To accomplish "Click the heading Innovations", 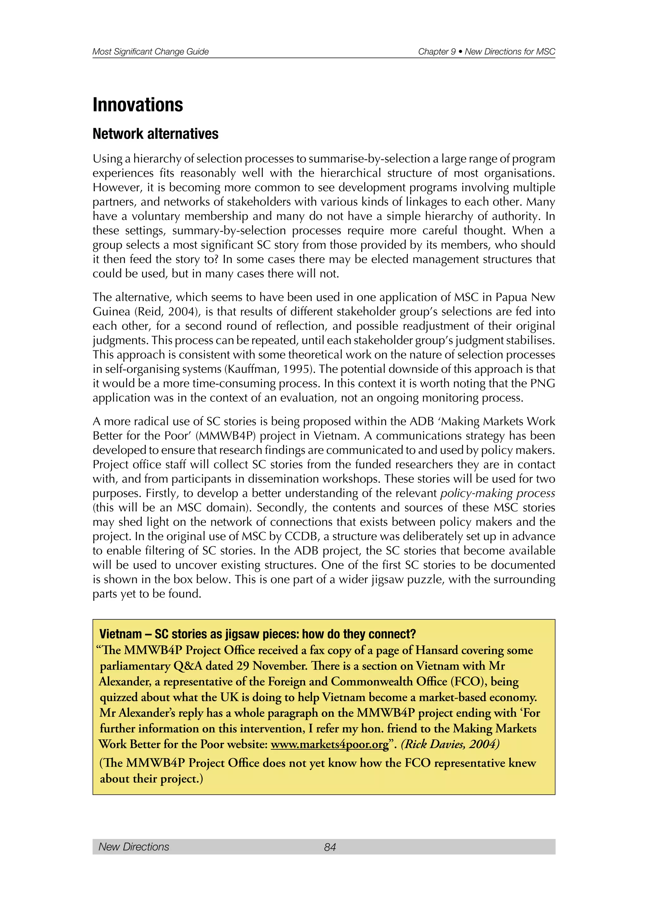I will point(138,105).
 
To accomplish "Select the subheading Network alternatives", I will point(155,134).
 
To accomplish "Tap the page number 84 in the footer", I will point(330,847).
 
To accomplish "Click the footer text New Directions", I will point(134,847).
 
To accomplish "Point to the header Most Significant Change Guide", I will point(150,52).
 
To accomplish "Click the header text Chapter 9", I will point(437,52).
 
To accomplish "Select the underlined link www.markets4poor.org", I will point(330,745).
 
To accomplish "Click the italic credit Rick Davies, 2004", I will point(451,745).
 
